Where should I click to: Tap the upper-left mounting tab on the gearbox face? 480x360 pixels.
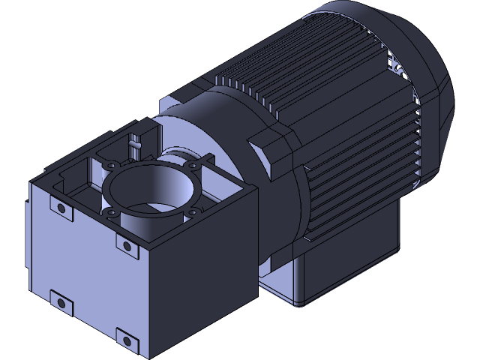59,208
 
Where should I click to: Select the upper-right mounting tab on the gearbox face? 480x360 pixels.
124,245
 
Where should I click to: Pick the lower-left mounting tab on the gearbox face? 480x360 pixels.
60,302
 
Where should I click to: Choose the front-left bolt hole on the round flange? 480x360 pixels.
112,214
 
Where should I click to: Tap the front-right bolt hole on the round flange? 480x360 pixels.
192,212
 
